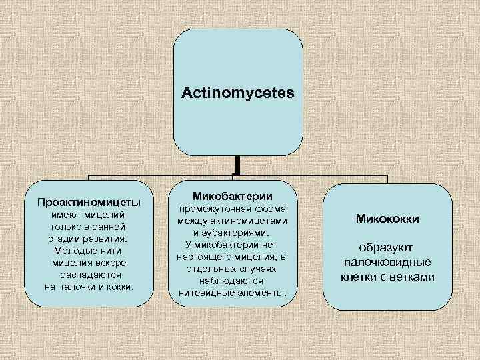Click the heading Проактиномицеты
click(x=89, y=201)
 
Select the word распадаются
click(x=89, y=274)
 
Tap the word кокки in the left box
click(x=119, y=286)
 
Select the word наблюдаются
click(x=231, y=281)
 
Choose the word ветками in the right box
click(x=412, y=277)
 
